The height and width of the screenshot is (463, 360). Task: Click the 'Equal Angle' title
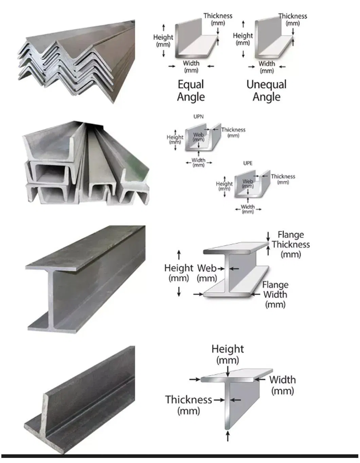click(x=191, y=91)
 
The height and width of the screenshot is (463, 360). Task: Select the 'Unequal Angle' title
click(x=267, y=91)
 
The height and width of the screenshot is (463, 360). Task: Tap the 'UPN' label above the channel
click(x=198, y=116)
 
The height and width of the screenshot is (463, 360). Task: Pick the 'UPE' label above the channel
click(x=248, y=163)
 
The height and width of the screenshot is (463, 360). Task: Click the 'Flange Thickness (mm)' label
click(x=290, y=244)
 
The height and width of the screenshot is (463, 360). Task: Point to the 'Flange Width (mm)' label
click(x=275, y=294)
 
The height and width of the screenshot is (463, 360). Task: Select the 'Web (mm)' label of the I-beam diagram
click(x=207, y=273)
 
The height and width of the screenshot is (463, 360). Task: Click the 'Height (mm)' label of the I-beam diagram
click(x=179, y=273)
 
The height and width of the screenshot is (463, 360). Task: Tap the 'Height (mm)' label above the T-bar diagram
click(x=228, y=354)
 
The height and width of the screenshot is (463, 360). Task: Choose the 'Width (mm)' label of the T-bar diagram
click(x=283, y=385)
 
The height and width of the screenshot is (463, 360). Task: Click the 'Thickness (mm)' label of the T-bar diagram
click(x=189, y=405)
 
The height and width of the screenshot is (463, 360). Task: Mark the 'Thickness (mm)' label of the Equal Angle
click(x=218, y=19)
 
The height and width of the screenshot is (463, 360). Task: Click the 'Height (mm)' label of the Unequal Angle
click(x=243, y=39)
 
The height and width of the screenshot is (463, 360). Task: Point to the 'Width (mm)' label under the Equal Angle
click(x=191, y=67)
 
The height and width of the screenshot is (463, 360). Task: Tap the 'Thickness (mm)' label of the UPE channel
click(x=283, y=179)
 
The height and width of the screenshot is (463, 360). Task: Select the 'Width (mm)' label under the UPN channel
click(x=198, y=163)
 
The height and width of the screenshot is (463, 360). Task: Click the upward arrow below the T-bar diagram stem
click(x=228, y=436)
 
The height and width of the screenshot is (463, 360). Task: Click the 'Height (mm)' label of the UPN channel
click(x=175, y=139)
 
